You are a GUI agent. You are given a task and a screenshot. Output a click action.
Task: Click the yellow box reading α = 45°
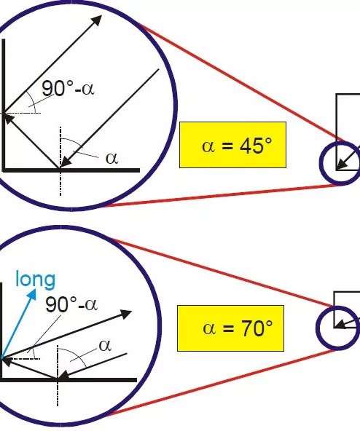(232, 145)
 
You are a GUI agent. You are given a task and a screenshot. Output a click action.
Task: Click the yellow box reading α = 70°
(230, 328)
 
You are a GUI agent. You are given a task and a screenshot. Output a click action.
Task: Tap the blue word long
(36, 280)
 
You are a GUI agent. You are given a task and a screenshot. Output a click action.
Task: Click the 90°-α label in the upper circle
(68, 88)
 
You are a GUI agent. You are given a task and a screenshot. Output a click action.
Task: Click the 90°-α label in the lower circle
(71, 304)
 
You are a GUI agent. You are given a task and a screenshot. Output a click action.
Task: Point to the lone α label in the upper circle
(111, 158)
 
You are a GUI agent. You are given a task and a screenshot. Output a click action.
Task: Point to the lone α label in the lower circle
(105, 346)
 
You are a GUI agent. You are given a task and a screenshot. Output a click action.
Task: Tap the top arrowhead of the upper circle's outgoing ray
(96, 20)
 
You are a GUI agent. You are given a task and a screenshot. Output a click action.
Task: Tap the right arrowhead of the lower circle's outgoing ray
(126, 314)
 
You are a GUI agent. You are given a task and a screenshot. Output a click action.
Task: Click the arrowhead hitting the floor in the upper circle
(65, 162)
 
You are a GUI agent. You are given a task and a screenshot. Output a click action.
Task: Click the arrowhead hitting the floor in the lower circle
(63, 376)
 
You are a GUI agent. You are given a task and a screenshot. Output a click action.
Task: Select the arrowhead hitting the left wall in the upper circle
(8, 119)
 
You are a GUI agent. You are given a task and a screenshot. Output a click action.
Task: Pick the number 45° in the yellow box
(255, 145)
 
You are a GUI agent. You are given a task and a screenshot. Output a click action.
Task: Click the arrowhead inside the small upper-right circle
(341, 164)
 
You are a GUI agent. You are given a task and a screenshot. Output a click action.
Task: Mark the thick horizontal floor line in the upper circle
(71, 170)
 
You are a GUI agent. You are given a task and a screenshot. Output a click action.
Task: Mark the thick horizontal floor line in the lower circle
(69, 380)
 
